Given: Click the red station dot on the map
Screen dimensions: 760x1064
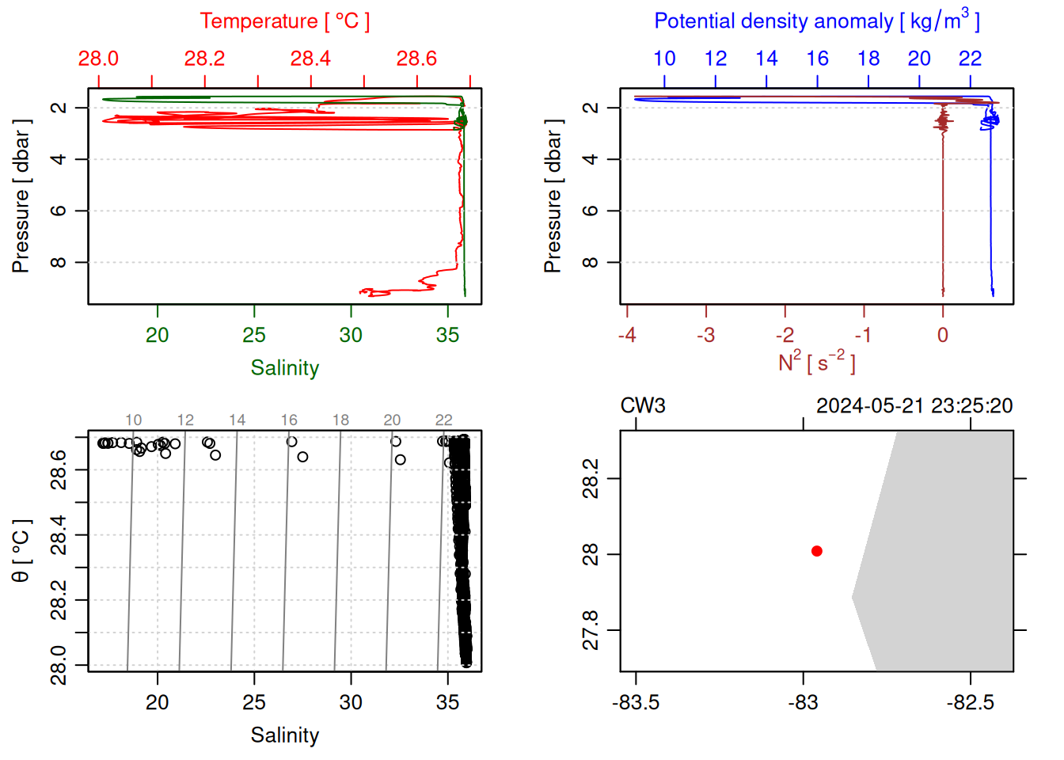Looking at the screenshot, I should [x=817, y=551].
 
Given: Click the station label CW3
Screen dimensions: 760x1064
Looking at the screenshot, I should [x=643, y=406].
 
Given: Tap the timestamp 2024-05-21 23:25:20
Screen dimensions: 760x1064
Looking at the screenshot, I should [x=914, y=406].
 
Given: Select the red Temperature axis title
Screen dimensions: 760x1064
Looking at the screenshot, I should [x=285, y=21].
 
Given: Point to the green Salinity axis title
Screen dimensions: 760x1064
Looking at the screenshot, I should [x=285, y=368].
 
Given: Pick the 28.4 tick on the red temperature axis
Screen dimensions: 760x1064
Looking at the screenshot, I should [x=310, y=59].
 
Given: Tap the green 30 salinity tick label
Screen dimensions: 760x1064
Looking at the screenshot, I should [x=351, y=336].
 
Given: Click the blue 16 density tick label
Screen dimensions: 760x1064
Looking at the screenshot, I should [x=818, y=59].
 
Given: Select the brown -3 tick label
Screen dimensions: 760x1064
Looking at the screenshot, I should [x=705, y=336].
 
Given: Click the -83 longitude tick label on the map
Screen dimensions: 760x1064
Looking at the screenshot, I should [x=803, y=703].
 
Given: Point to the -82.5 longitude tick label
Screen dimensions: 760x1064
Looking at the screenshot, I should [x=971, y=703].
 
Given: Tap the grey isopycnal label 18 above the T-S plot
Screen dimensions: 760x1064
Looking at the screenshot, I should [x=340, y=420].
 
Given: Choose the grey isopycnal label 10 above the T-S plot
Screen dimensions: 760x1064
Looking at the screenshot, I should [x=133, y=420].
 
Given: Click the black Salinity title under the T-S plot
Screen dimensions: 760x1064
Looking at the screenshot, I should [x=285, y=735].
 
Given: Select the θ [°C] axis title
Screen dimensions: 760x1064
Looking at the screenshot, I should [x=21, y=551].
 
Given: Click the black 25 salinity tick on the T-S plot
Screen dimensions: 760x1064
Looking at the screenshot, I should [x=254, y=703].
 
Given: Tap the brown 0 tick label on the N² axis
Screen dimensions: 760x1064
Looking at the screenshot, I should [x=943, y=336].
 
